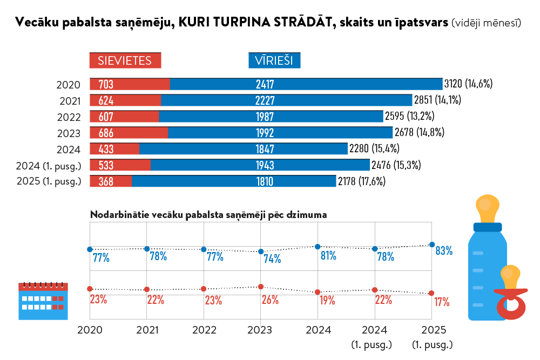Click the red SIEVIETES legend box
(125, 60)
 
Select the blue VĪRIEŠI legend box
(274, 60)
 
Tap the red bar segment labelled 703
(130, 84)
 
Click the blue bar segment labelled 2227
(286, 100)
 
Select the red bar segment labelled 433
(114, 149)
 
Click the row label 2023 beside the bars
(69, 133)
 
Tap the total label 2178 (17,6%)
(361, 181)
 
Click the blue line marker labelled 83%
(431, 244)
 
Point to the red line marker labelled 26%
(261, 287)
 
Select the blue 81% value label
(328, 256)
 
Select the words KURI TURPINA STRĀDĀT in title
(254, 23)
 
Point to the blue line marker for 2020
(90, 249)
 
